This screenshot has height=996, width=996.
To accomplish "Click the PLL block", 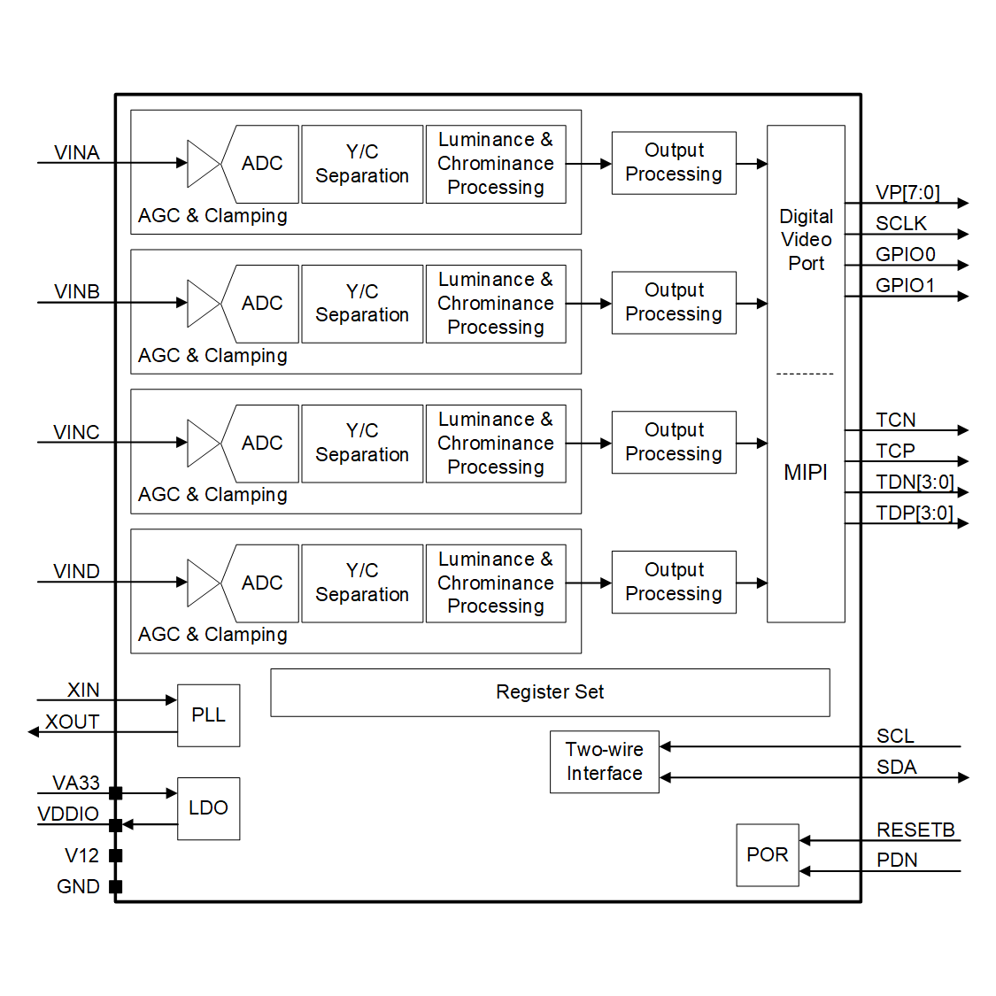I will tap(208, 714).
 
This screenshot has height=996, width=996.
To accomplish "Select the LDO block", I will tap(208, 807).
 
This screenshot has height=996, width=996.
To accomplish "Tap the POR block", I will tap(767, 854).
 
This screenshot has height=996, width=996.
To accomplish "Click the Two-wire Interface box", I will tap(604, 761).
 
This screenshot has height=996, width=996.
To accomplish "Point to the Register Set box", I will tap(550, 692).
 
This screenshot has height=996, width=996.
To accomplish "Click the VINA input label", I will tap(76, 152).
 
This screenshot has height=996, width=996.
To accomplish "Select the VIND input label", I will tap(76, 571).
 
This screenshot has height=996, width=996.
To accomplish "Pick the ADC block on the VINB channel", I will tap(262, 303).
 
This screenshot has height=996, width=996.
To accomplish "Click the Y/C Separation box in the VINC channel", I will tap(362, 443).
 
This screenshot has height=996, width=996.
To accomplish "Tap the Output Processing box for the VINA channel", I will tap(674, 163).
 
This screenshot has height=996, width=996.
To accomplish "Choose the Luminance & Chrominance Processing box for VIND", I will tap(496, 583).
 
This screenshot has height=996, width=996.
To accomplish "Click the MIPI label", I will tap(806, 472).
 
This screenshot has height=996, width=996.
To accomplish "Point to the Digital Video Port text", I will tap(806, 240).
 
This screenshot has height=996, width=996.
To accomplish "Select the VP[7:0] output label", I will tap(907, 192).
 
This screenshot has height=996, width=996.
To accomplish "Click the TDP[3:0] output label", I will tap(915, 513).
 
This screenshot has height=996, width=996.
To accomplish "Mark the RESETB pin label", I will tap(915, 830).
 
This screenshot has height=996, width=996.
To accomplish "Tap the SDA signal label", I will tap(896, 767).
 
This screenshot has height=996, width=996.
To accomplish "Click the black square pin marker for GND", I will tap(115, 886).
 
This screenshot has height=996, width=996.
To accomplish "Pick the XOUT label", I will tap(73, 722).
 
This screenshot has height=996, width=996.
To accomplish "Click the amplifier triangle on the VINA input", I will tap(203, 163).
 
